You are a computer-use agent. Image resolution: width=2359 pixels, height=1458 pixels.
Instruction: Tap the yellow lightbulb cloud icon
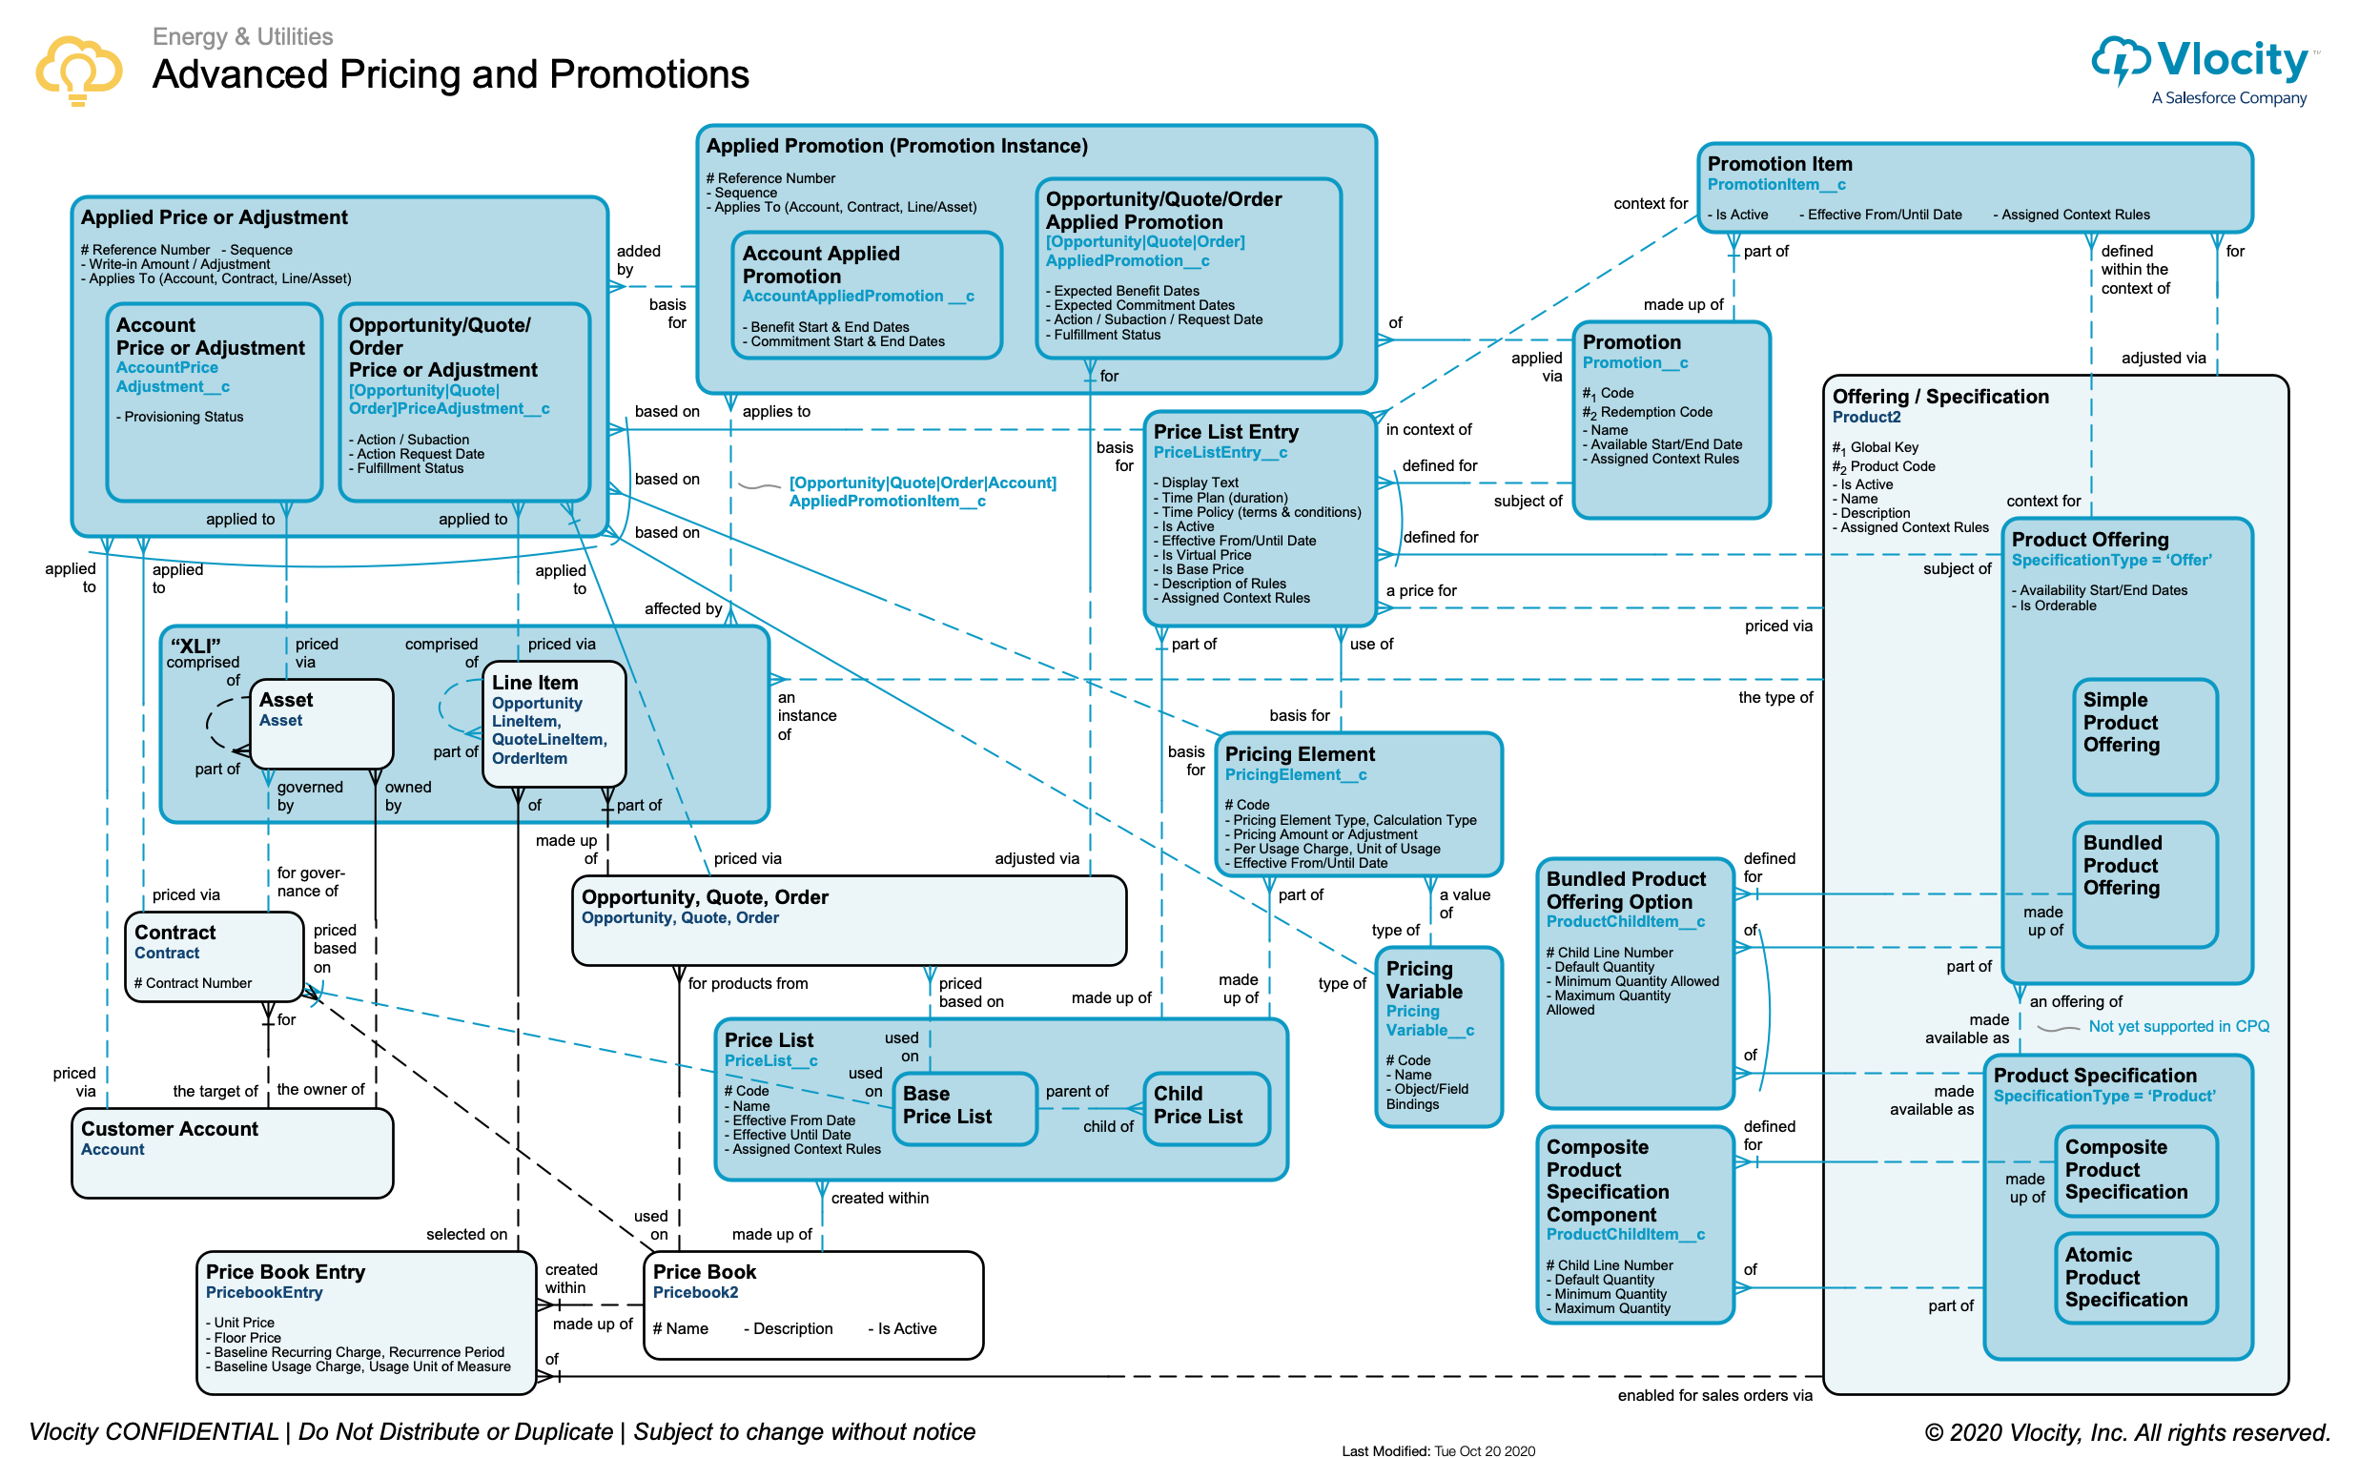pos(78,70)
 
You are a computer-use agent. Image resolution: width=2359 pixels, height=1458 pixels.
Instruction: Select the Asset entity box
pos(321,723)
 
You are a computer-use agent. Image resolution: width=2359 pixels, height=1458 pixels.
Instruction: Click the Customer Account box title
pos(170,1129)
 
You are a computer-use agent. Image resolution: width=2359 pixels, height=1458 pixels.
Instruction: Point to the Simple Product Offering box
pos(2145,737)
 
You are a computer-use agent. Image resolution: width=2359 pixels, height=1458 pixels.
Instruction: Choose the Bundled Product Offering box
pos(2145,882)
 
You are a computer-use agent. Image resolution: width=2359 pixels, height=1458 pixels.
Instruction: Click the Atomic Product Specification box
pos(2135,1277)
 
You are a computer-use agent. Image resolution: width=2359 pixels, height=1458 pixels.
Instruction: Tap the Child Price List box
pos(1204,1106)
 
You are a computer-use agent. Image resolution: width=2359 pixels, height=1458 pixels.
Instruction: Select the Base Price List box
pos(966,1106)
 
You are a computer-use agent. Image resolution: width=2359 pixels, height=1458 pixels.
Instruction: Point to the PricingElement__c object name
pos(1295,775)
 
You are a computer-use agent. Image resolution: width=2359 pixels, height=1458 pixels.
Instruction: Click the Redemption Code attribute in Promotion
pos(1655,413)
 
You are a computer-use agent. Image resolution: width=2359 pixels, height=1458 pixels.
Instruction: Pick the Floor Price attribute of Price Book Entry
pos(248,1339)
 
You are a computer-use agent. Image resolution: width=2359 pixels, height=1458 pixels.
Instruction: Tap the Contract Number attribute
pos(198,983)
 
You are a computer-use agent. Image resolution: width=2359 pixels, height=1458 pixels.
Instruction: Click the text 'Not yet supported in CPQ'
pos(2178,1027)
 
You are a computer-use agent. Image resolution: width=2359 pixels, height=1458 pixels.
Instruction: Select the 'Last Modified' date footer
pos(1437,1450)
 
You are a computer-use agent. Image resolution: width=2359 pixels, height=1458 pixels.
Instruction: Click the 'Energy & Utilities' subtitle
pos(243,36)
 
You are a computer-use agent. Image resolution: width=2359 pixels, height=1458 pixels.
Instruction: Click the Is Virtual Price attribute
pos(1205,555)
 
